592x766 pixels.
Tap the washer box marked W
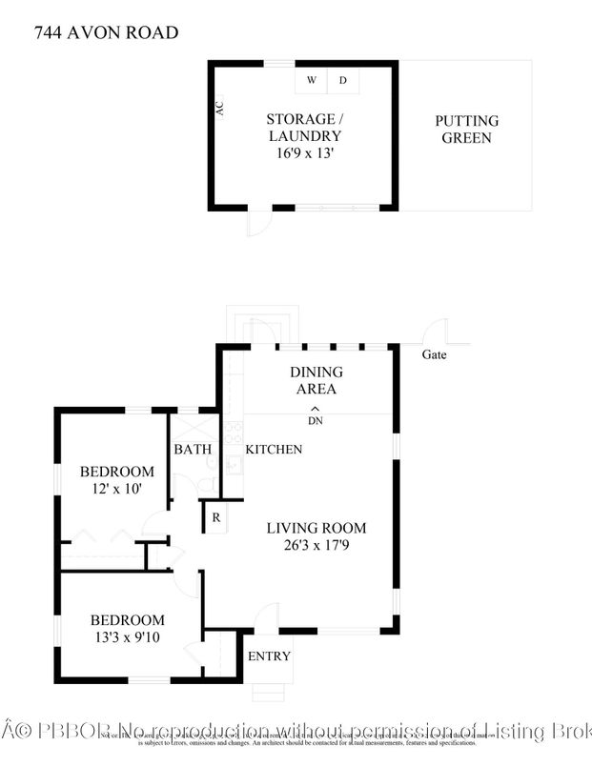[311, 80]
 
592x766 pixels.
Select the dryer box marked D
[343, 80]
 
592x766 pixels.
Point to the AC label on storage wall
[220, 110]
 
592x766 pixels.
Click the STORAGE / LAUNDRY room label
[303, 128]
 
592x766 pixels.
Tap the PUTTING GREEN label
[466, 130]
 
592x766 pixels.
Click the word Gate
[433, 354]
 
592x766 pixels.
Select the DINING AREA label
[316, 380]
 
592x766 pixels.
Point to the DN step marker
[316, 416]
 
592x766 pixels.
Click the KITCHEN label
[274, 449]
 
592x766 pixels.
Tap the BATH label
[191, 449]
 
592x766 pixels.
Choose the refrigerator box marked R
[216, 518]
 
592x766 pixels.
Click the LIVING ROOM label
[316, 528]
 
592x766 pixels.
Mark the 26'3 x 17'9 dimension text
[316, 546]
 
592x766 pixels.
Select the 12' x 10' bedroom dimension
[116, 489]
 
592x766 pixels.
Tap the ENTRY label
[268, 656]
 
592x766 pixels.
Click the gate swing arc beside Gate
[436, 332]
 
